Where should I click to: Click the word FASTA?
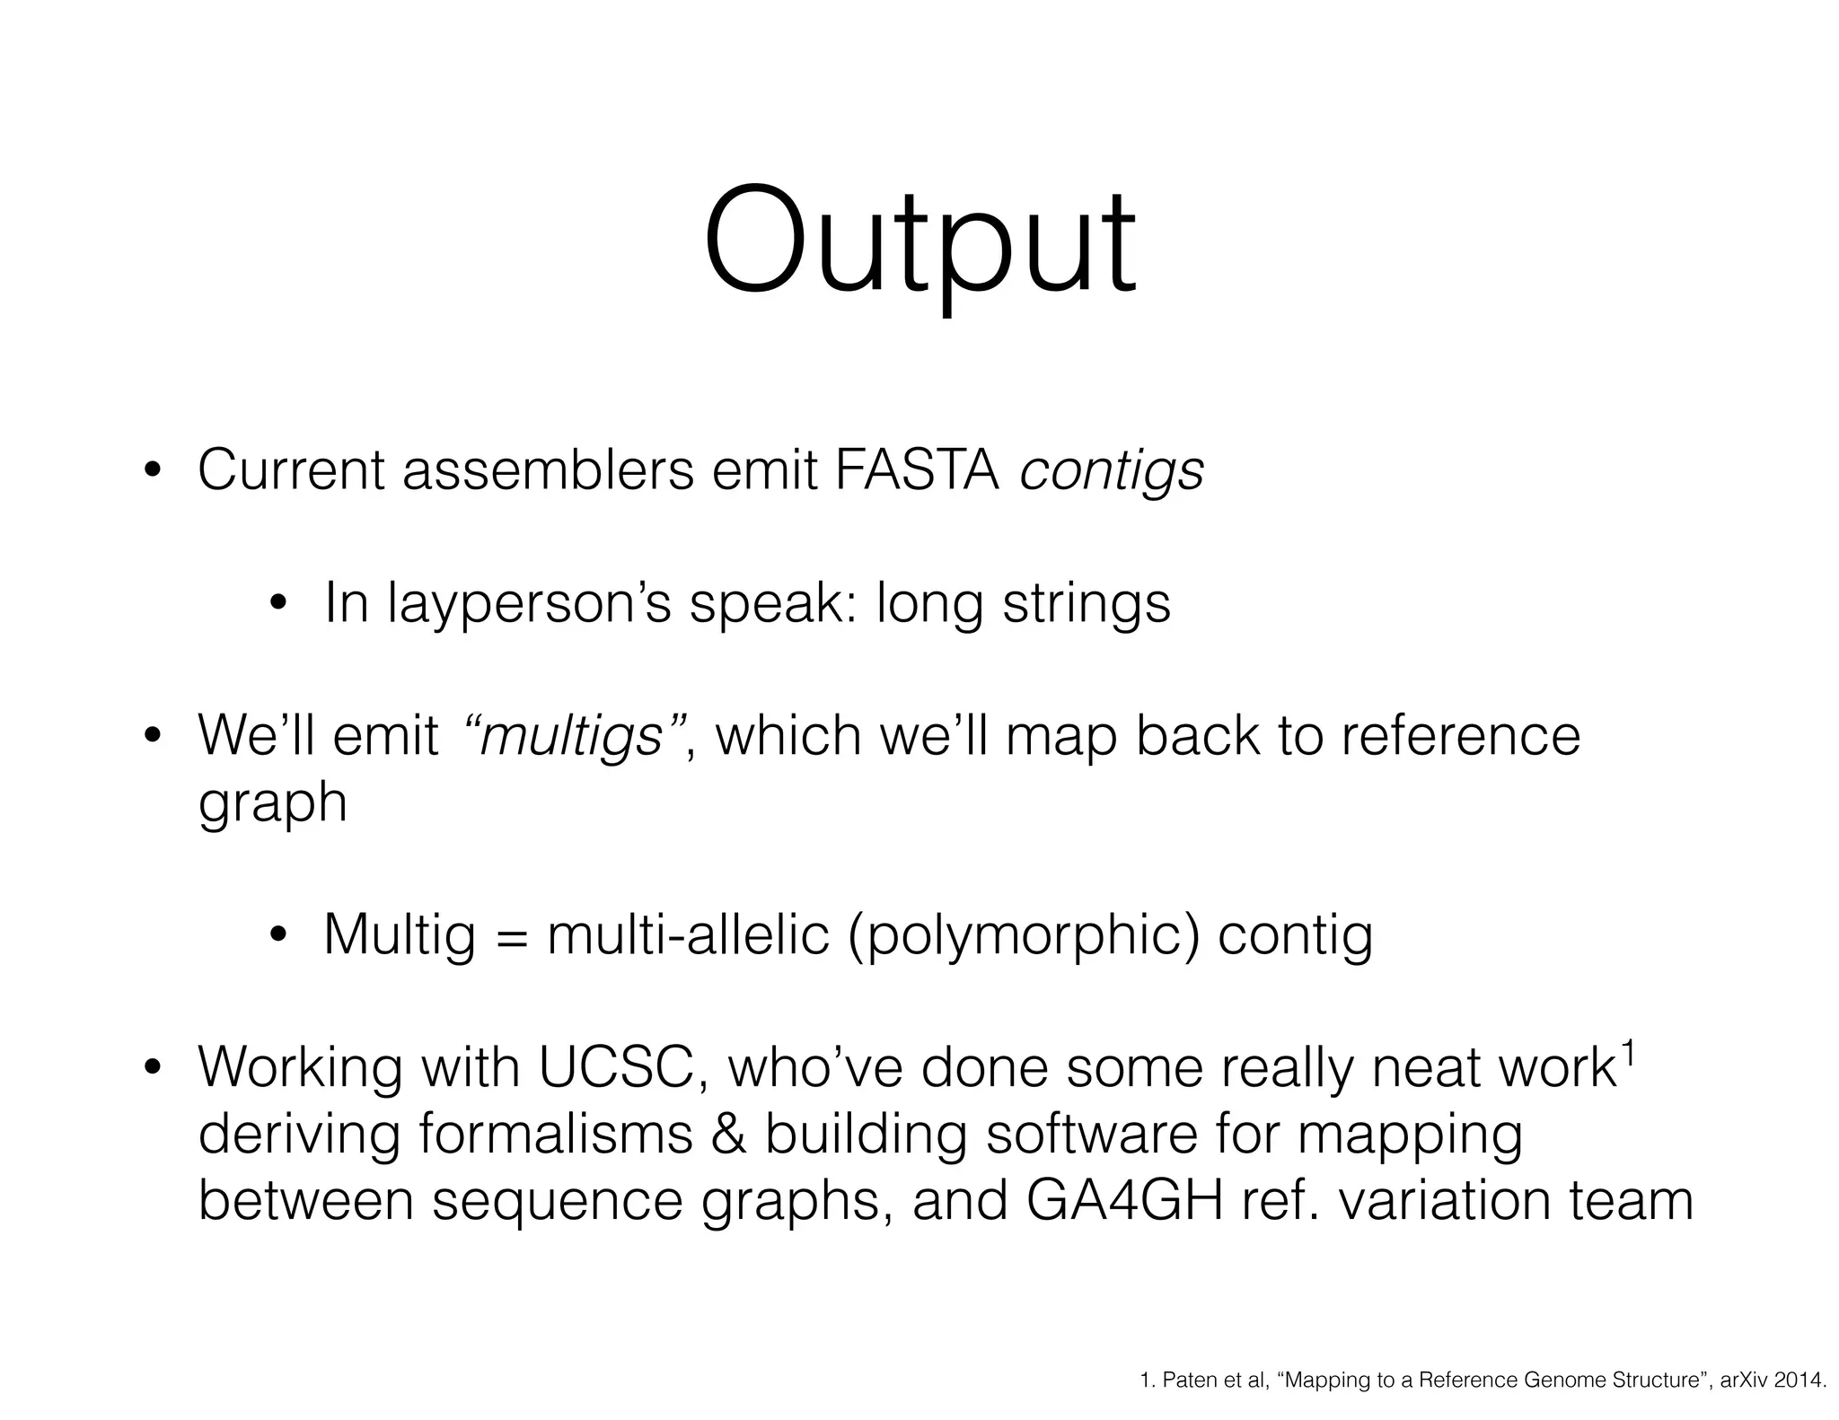(917, 469)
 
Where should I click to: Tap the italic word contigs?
(1112, 471)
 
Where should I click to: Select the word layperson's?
(529, 602)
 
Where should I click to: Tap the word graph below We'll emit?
(272, 802)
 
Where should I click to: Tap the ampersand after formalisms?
(728, 1134)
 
